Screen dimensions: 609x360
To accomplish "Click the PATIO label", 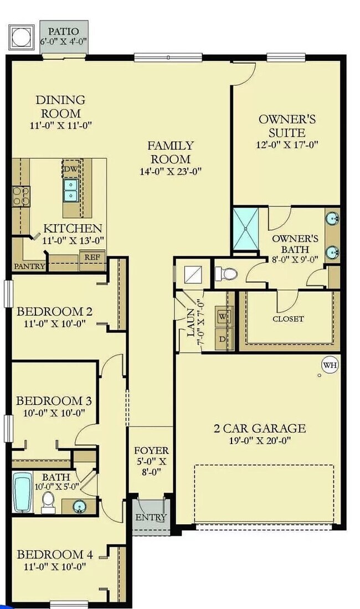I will (64, 32).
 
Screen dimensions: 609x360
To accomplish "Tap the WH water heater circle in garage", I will (330, 365).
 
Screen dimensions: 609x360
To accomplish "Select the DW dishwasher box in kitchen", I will (70, 169).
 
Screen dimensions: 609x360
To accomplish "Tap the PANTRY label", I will (29, 266).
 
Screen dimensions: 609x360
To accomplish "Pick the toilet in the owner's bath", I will (227, 273).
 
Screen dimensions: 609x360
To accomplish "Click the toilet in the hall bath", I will (48, 501).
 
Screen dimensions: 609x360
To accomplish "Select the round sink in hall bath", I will (78, 505).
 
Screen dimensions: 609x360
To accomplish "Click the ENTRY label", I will (151, 518).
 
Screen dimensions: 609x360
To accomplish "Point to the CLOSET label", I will (288, 319).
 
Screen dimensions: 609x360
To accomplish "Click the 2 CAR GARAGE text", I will (260, 428).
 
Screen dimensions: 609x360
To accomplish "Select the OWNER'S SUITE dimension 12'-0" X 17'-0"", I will (287, 146).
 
